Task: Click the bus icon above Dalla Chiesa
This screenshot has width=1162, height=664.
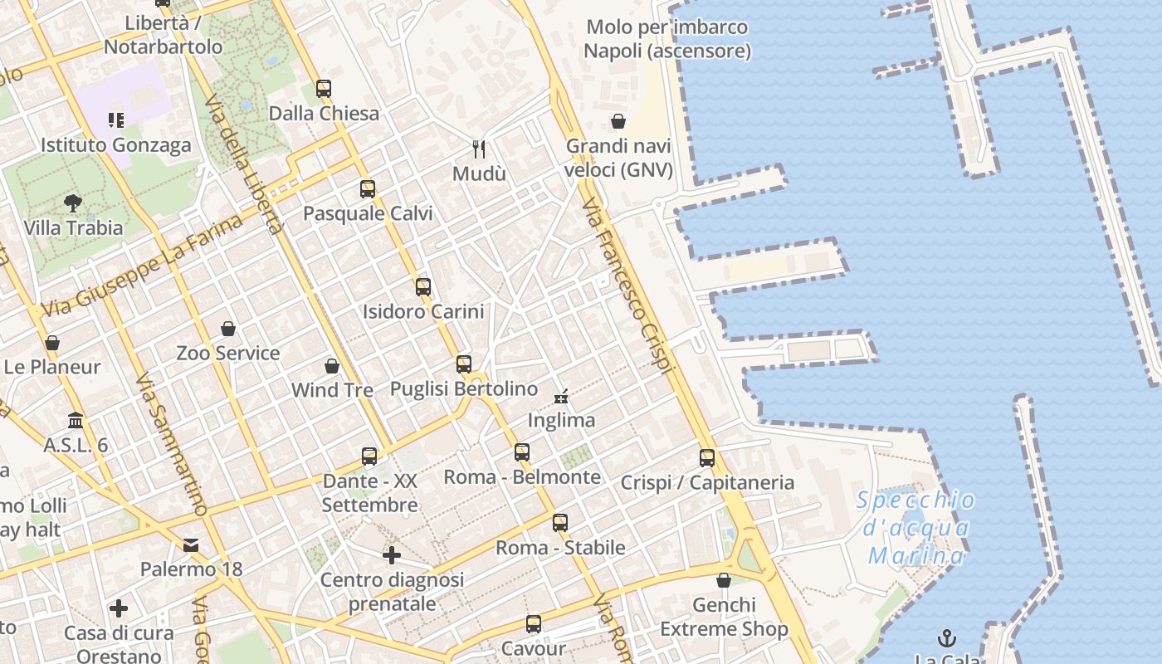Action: (x=324, y=89)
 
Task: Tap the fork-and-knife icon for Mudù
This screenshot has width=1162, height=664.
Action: (x=479, y=149)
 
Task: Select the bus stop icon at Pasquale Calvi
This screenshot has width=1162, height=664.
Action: (x=368, y=189)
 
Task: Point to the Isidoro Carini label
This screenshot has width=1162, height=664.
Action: (x=423, y=312)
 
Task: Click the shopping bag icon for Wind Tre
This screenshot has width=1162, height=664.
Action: (x=332, y=366)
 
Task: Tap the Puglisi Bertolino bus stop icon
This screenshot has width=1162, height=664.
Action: (x=464, y=364)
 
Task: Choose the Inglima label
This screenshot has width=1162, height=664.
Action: (x=562, y=420)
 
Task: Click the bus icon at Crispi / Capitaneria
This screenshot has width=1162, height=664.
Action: (x=707, y=458)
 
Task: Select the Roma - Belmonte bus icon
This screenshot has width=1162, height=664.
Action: (x=522, y=452)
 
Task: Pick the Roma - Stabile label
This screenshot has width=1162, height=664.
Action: (x=561, y=548)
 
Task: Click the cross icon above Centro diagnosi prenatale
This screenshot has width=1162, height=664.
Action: (x=392, y=555)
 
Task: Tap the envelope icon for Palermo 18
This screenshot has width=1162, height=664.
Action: (x=191, y=545)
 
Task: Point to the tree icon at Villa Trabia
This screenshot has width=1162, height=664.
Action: (x=73, y=203)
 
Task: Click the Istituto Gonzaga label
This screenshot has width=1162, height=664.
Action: (x=116, y=145)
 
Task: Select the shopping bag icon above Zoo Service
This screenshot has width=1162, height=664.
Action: (x=228, y=330)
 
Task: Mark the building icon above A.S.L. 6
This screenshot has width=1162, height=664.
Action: (x=76, y=421)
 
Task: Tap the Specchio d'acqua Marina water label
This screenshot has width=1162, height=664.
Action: (x=916, y=527)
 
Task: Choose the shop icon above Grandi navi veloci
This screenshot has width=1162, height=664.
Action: (x=618, y=122)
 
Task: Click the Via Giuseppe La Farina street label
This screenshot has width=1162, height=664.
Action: (x=143, y=266)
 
